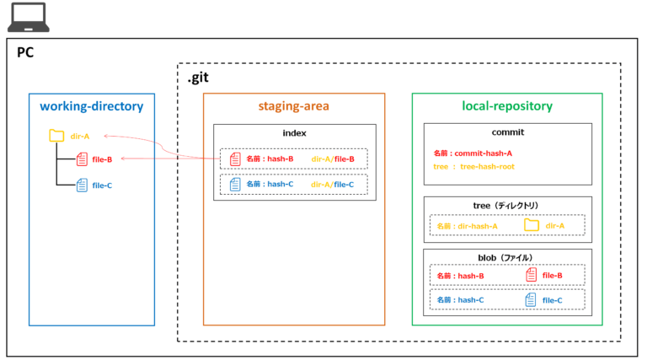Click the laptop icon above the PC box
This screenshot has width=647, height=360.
click(x=28, y=18)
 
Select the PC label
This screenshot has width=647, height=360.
click(x=25, y=52)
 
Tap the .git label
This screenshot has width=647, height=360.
click(x=198, y=78)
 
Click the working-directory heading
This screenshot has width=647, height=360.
click(x=92, y=106)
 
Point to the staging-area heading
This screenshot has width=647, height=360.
click(x=293, y=106)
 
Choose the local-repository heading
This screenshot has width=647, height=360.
click(x=507, y=106)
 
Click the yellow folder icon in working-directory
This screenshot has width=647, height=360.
click(x=56, y=135)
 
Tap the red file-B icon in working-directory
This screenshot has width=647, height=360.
click(x=82, y=159)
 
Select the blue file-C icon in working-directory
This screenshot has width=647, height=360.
click(x=82, y=185)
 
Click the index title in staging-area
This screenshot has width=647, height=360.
click(x=294, y=133)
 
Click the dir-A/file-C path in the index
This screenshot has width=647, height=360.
click(x=333, y=184)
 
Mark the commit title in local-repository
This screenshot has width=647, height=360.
click(x=507, y=133)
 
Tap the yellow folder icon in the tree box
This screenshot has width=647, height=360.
click(x=532, y=225)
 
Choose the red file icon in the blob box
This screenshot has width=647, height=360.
click(x=531, y=275)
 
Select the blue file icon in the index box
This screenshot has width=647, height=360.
click(x=235, y=184)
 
